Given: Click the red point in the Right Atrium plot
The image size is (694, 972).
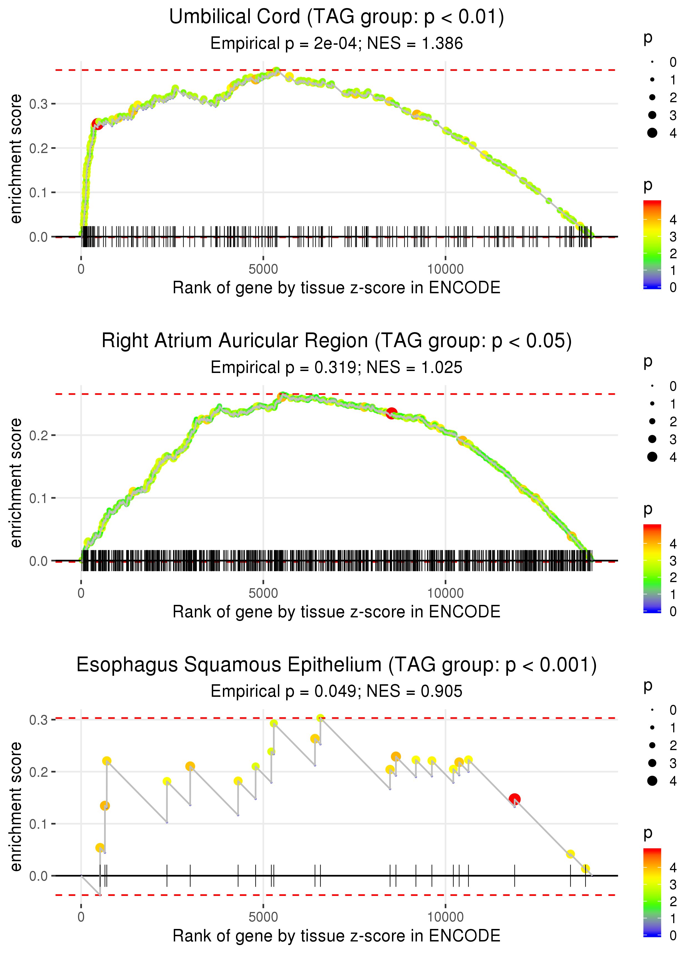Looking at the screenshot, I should tap(391, 413).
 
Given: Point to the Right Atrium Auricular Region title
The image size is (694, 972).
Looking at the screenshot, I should tap(336, 341).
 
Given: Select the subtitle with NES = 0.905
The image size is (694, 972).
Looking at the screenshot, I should tap(336, 692).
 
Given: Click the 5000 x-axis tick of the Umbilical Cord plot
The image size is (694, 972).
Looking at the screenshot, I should tap(263, 269).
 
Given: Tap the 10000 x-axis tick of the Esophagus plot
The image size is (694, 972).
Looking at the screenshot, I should tap(445, 917).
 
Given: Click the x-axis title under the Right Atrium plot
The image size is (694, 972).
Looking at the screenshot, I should tap(336, 612).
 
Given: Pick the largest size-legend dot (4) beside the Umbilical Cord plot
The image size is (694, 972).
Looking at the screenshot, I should tap(652, 133).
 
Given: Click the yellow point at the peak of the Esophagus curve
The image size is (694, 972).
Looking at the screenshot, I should tap(320, 718).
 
